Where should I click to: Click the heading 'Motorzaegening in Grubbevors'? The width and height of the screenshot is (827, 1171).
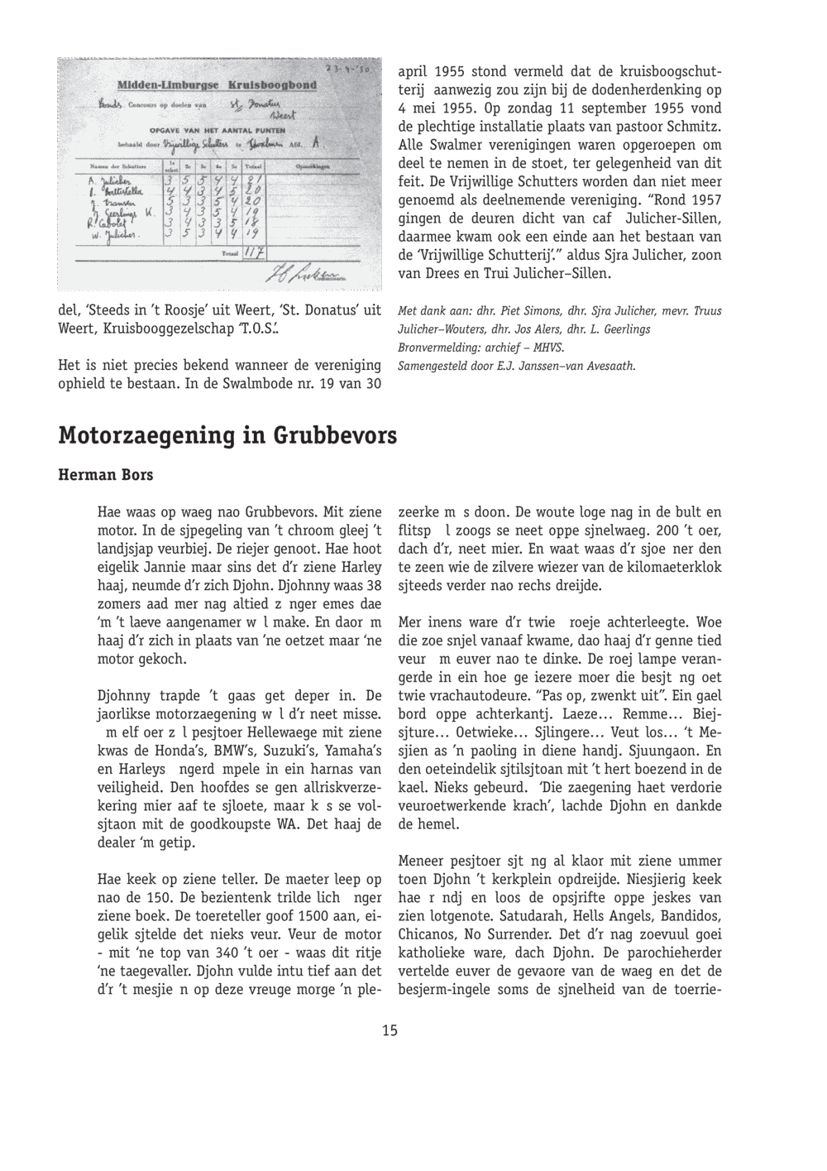tap(227, 434)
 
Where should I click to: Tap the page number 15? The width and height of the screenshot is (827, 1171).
tap(390, 1030)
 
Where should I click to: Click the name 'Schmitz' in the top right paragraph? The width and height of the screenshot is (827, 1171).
tap(693, 127)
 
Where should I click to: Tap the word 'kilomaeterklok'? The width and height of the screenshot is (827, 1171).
tap(669, 567)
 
